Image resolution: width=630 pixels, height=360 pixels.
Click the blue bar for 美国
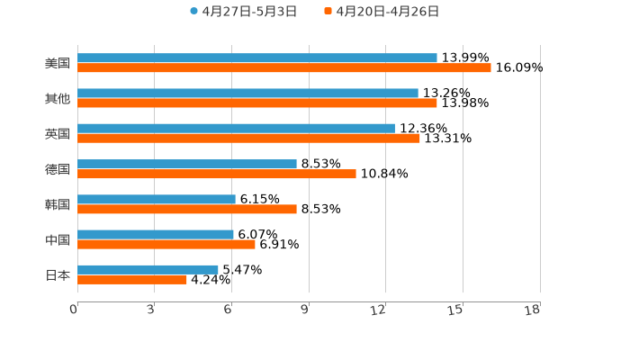(257, 58)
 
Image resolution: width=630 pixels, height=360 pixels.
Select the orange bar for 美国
(284, 68)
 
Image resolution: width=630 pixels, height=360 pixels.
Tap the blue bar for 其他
(247, 94)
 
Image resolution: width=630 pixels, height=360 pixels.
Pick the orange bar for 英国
(248, 139)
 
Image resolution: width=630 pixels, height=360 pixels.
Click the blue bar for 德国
(187, 165)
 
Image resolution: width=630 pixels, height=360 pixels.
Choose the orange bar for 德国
(217, 175)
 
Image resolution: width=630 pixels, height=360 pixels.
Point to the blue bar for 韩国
(157, 200)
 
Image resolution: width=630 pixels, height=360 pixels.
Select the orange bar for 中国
(166, 245)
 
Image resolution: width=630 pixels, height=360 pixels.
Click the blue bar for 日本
(148, 270)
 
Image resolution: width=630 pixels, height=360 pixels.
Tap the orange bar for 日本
(132, 280)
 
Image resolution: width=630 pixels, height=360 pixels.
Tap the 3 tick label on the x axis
(151, 310)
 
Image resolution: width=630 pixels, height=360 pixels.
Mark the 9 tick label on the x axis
(305, 310)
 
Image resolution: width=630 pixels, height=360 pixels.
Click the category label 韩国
(58, 204)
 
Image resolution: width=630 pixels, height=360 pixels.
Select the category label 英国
(58, 134)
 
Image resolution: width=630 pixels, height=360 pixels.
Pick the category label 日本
(58, 274)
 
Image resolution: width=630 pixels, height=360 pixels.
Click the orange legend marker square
(328, 12)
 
